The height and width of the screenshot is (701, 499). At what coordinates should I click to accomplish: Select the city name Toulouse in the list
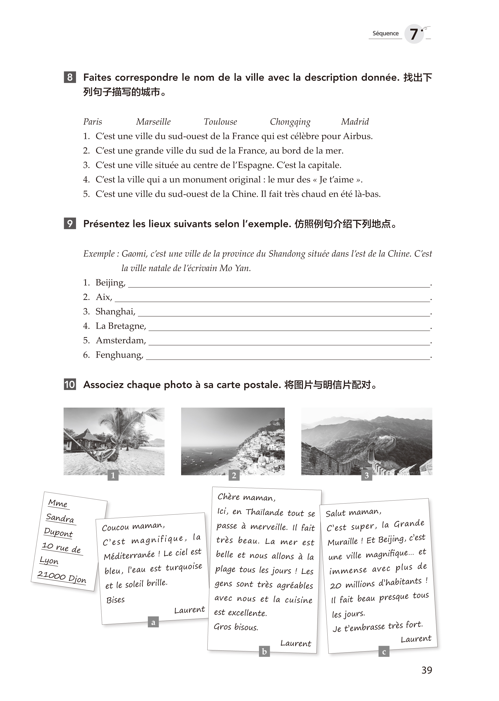pyautogui.click(x=220, y=122)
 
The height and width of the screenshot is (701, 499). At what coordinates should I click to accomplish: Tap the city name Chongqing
pyautogui.click(x=290, y=122)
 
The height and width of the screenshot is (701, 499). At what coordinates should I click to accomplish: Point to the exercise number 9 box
pyautogui.click(x=70, y=224)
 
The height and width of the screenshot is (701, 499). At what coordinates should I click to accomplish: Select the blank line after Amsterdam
pyautogui.click(x=289, y=342)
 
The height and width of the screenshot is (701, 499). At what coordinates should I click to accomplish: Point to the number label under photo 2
pyautogui.click(x=234, y=476)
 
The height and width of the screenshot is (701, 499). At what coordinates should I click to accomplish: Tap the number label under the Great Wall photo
pyautogui.click(x=367, y=476)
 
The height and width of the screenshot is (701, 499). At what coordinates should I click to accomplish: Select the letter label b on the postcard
pyautogui.click(x=264, y=651)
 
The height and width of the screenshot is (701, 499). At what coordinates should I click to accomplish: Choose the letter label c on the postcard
pyautogui.click(x=384, y=652)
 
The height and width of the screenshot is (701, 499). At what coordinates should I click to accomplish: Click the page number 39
pyautogui.click(x=427, y=670)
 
